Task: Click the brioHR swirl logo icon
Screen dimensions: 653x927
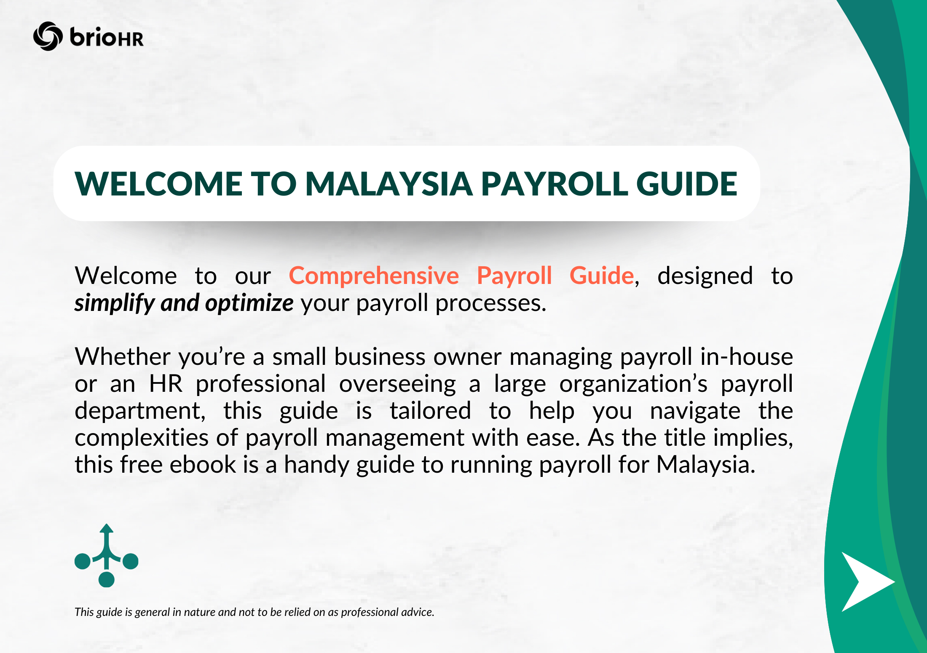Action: (48, 36)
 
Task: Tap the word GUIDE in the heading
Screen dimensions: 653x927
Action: (686, 184)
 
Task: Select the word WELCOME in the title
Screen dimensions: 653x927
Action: (158, 184)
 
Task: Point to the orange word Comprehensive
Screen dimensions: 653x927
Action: (374, 276)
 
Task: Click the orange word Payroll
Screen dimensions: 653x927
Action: (514, 276)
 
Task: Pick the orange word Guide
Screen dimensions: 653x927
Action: (602, 276)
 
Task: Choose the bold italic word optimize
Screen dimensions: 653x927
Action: (249, 303)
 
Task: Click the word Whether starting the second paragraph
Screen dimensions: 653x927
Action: (122, 357)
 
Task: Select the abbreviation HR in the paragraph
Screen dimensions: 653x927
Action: (166, 384)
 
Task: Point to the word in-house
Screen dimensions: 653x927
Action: (746, 357)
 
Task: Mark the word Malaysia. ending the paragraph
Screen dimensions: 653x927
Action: (705, 465)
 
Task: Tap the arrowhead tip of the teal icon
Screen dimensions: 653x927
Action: (107, 527)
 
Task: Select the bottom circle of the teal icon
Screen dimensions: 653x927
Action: (107, 579)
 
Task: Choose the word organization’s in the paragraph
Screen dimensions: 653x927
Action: (633, 384)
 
